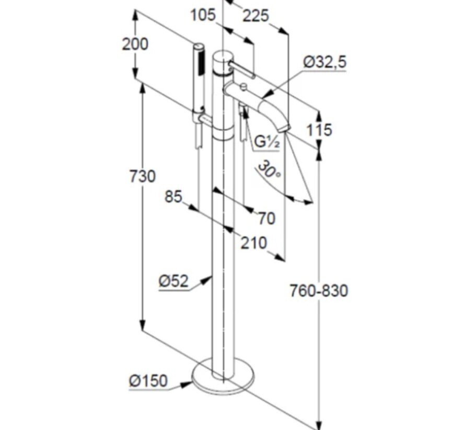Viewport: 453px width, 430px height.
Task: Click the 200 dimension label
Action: click(135, 44)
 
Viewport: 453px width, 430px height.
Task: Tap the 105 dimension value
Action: click(203, 15)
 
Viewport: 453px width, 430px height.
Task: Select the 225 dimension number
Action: click(255, 16)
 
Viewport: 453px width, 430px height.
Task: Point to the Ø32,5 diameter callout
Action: click(324, 62)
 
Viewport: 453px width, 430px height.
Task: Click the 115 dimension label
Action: click(319, 130)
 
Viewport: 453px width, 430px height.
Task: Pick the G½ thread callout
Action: click(267, 141)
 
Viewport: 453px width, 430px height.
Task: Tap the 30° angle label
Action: click(269, 169)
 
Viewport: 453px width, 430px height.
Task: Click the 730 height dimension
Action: click(143, 176)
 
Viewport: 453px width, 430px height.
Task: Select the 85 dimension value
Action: click(173, 197)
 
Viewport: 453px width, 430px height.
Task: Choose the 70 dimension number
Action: click(266, 218)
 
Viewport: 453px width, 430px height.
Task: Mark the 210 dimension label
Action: click(253, 243)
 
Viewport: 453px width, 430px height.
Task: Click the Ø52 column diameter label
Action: click(173, 280)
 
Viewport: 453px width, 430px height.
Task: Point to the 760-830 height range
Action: click(319, 291)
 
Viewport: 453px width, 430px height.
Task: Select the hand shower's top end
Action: click(199, 46)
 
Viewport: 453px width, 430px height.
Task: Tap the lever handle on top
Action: click(242, 70)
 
